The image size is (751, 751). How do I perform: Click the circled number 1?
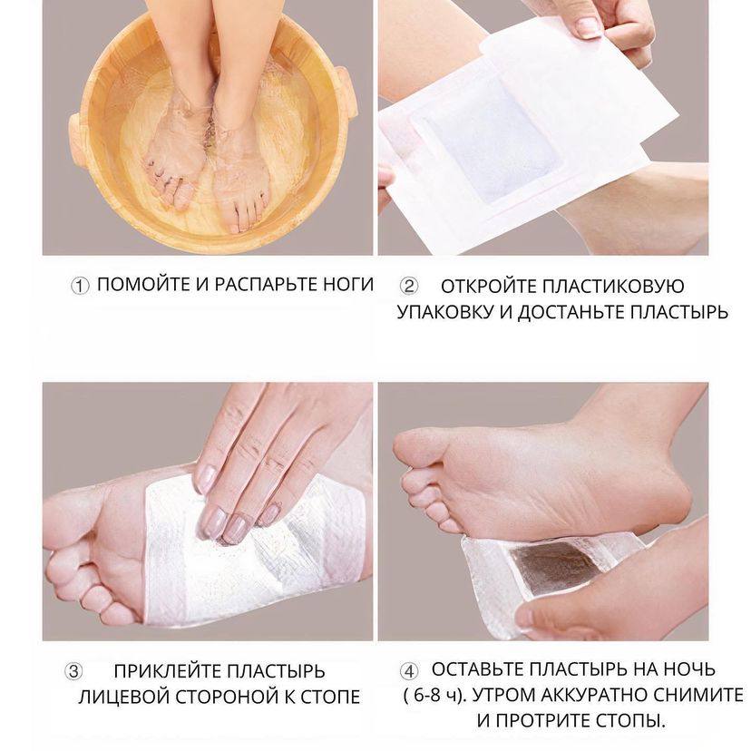click(80, 286)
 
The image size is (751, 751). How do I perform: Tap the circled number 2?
click(408, 287)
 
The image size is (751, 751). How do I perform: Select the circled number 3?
click(73, 671)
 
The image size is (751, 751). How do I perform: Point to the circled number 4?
click(408, 670)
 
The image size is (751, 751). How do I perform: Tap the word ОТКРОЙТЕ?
click(488, 287)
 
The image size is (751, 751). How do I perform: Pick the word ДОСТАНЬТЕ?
click(570, 312)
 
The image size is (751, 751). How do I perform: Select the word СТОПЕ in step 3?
click(330, 697)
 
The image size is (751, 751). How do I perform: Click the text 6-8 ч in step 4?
click(434, 695)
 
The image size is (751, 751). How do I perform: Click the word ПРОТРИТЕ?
click(545, 720)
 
